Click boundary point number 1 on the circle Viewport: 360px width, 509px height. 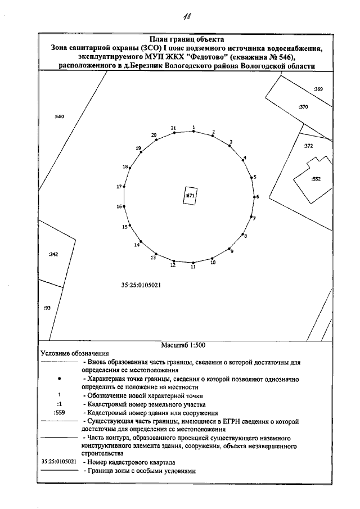pyautogui.click(x=193, y=132)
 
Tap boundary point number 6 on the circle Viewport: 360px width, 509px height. pyautogui.click(x=255, y=197)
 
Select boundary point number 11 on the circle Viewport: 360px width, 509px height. pyautogui.click(x=193, y=263)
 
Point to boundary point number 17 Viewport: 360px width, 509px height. pyautogui.click(x=124, y=187)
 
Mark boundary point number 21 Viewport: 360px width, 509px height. pyautogui.click(x=174, y=133)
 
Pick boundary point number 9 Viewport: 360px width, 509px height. pyautogui.click(x=229, y=249)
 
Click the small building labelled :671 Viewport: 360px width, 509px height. pyautogui.click(x=190, y=196)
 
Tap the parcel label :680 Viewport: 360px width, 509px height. pyautogui.click(x=60, y=116)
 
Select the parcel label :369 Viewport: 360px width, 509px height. pyautogui.click(x=318, y=89)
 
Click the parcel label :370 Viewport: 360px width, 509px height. pyautogui.click(x=303, y=107)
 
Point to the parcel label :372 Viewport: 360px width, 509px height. pyautogui.click(x=308, y=146)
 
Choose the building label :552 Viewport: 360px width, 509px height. pyautogui.click(x=316, y=179)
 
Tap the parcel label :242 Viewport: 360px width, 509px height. pyautogui.click(x=53, y=254)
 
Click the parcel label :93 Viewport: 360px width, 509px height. pyautogui.click(x=47, y=308)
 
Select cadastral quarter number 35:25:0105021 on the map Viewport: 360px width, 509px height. pyautogui.click(x=142, y=285)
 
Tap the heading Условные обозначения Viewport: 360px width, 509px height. pyautogui.click(x=66, y=354)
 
